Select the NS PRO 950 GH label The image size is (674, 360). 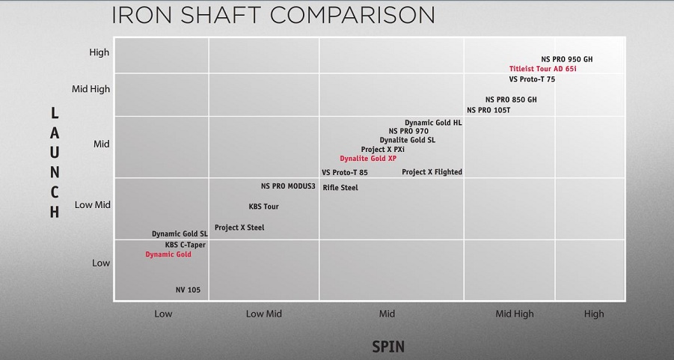pyautogui.click(x=566, y=59)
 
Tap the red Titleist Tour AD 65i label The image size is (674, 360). pyautogui.click(x=543, y=69)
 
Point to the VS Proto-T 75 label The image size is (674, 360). pyautogui.click(x=532, y=79)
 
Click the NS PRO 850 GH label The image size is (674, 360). pyautogui.click(x=511, y=100)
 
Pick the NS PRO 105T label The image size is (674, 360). pyautogui.click(x=488, y=110)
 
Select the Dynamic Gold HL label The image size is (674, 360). pyautogui.click(x=433, y=123)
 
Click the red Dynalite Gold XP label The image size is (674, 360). pyautogui.click(x=368, y=159)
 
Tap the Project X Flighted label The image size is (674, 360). pyautogui.click(x=432, y=172)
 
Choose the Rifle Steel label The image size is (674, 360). pyautogui.click(x=340, y=188)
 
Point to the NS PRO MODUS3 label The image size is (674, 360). pyautogui.click(x=288, y=186)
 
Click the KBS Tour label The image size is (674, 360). pyautogui.click(x=263, y=207)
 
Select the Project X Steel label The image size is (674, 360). pyautogui.click(x=239, y=228)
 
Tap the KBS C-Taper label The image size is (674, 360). pyautogui.click(x=186, y=245)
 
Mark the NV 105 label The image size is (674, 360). pyautogui.click(x=188, y=290)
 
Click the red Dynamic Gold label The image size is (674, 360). pyautogui.click(x=168, y=254)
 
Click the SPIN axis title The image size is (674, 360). pyautogui.click(x=388, y=347)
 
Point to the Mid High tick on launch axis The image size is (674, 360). pyautogui.click(x=91, y=89)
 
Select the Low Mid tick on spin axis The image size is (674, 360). pyautogui.click(x=264, y=314)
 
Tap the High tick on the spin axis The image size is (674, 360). pyautogui.click(x=594, y=314)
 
